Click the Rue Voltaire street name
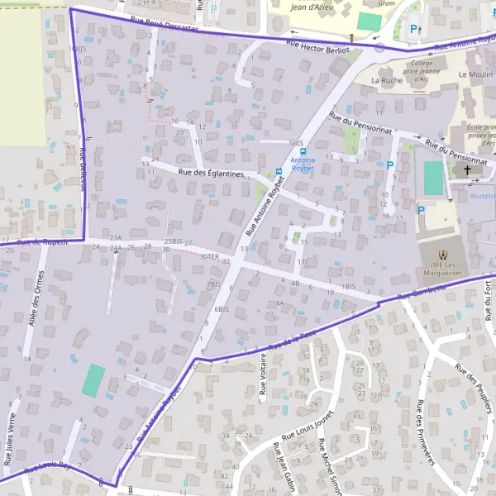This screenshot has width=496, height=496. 264,374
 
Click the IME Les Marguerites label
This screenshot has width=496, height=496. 443,264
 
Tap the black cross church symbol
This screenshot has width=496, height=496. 468,170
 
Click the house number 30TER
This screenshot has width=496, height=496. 210,256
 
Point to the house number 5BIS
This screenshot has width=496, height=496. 297,143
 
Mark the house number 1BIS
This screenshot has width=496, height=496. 349,286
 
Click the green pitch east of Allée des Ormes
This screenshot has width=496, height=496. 93,379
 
